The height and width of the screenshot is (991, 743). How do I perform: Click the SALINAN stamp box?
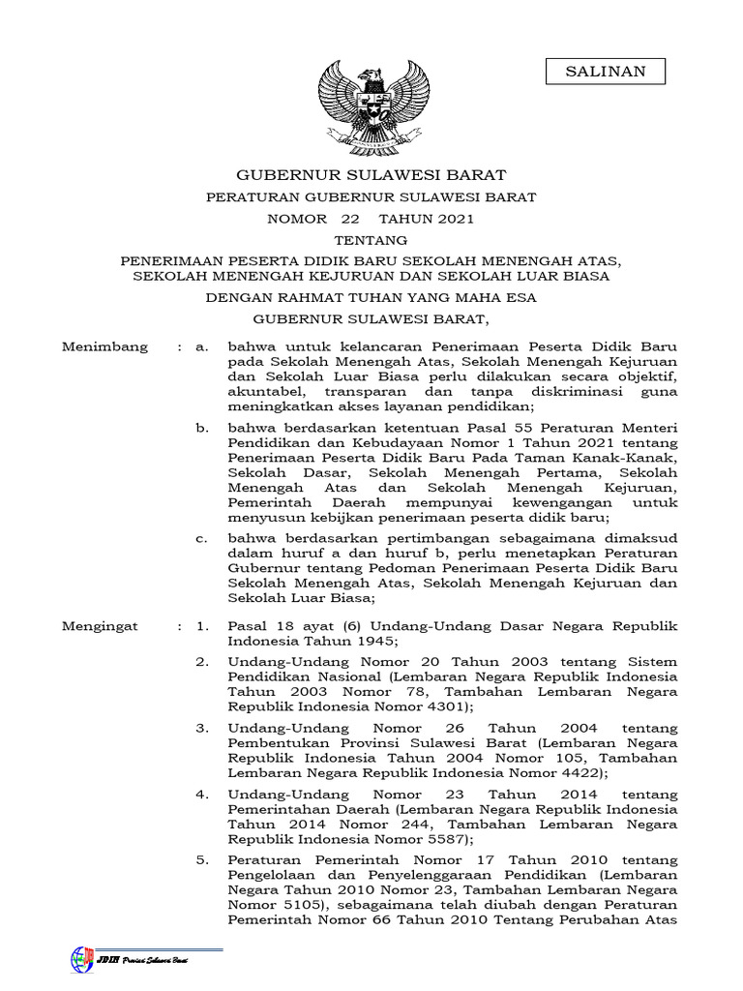(605, 73)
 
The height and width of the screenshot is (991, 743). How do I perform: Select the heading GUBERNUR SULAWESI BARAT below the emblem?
(371, 175)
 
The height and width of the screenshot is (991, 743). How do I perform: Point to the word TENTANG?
(371, 240)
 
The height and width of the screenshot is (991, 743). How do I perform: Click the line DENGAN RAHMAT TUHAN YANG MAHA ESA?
(371, 298)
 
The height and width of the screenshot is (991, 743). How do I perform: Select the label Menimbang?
(105, 346)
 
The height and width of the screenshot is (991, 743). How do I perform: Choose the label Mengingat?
(101, 626)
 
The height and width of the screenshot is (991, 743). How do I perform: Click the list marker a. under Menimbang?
(201, 346)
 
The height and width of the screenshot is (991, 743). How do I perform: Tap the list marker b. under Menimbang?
(201, 427)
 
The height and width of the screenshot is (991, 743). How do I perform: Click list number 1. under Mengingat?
(202, 626)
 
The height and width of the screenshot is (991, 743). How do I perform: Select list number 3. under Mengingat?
(202, 727)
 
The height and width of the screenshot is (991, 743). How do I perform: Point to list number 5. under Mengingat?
(202, 860)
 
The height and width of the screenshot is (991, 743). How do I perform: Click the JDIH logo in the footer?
(82, 959)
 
